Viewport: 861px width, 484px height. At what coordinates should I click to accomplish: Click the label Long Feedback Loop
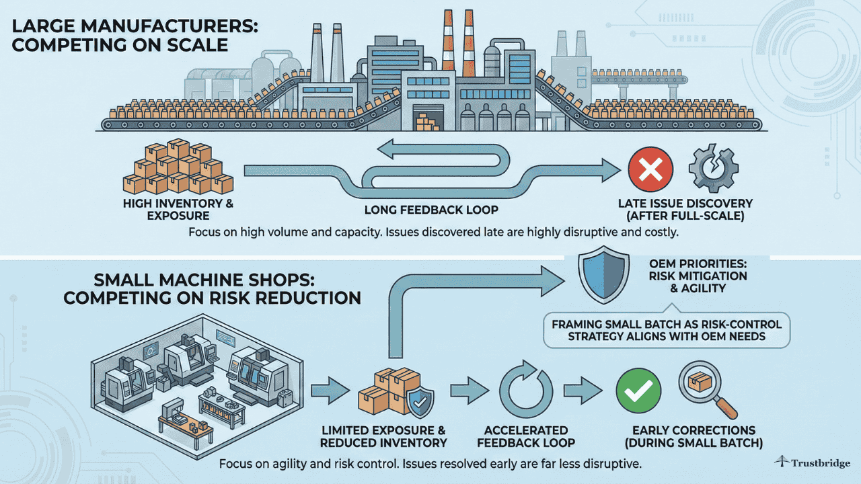430,210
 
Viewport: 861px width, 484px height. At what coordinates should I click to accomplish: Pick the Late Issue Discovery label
685,210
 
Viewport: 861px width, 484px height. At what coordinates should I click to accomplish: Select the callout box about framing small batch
667,330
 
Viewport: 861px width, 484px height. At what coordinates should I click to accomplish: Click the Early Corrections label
694,437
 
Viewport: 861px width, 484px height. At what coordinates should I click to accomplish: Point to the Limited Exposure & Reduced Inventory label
383,437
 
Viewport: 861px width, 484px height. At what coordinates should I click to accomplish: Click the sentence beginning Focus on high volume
430,233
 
